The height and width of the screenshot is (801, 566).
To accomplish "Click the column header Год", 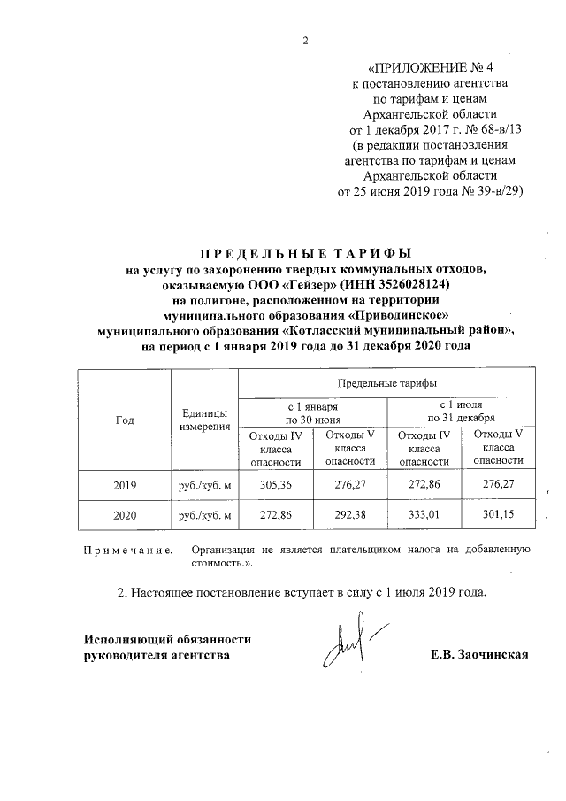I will pyautogui.click(x=125, y=420).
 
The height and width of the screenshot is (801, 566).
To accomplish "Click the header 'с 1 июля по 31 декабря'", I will pyautogui.click(x=461, y=412).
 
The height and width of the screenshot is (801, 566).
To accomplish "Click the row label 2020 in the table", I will pyautogui.click(x=125, y=515).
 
